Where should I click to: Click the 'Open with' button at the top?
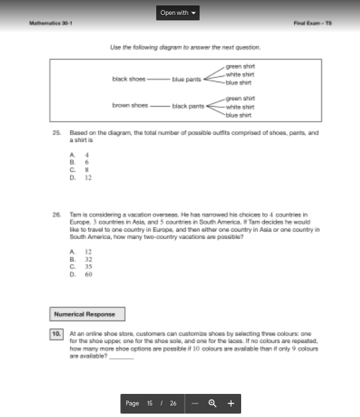click(x=179, y=13)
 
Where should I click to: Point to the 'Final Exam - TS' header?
click(x=312, y=23)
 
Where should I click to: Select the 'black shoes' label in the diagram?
click(x=129, y=79)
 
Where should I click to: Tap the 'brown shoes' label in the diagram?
click(x=130, y=105)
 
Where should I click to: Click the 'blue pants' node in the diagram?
click(x=187, y=79)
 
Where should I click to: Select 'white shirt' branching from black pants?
click(x=240, y=107)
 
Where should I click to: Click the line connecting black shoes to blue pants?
click(x=158, y=79)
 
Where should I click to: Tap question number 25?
click(x=56, y=133)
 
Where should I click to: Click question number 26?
click(x=56, y=213)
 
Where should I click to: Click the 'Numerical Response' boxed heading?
click(x=86, y=314)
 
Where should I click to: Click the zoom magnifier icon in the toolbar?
click(x=212, y=403)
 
